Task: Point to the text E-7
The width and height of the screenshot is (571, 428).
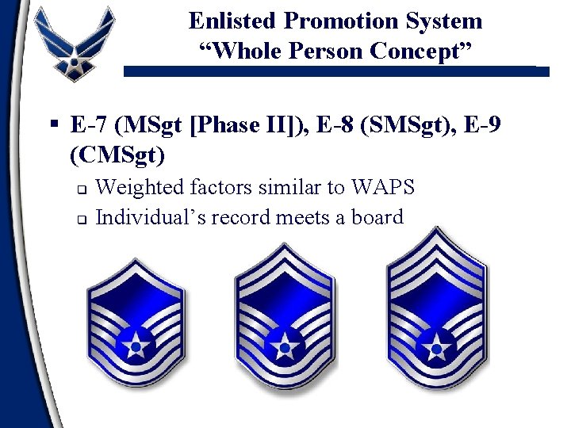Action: pos(88,125)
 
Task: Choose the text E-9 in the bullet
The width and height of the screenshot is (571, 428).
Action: pos(484,125)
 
